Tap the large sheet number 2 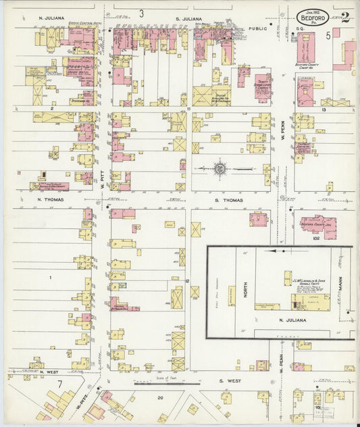(x=345, y=16)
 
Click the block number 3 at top (x=142, y=13)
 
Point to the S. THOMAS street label (x=228, y=200)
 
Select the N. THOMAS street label (x=50, y=200)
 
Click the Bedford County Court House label (x=311, y=66)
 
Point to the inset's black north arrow (x=278, y=250)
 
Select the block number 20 (x=160, y=398)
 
